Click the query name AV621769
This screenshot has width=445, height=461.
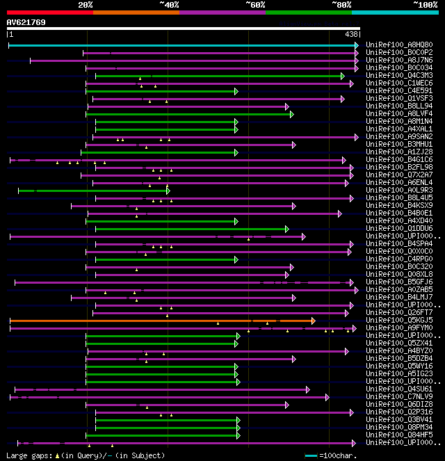(x=26, y=22)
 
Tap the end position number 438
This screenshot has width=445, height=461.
(x=351, y=34)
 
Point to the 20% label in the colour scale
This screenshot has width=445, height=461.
(x=86, y=5)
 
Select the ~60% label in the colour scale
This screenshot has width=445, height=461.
(x=255, y=5)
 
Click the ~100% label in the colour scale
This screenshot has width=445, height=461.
(x=425, y=5)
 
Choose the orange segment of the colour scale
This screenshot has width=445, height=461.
(x=136, y=13)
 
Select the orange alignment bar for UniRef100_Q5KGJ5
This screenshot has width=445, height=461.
(x=160, y=321)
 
